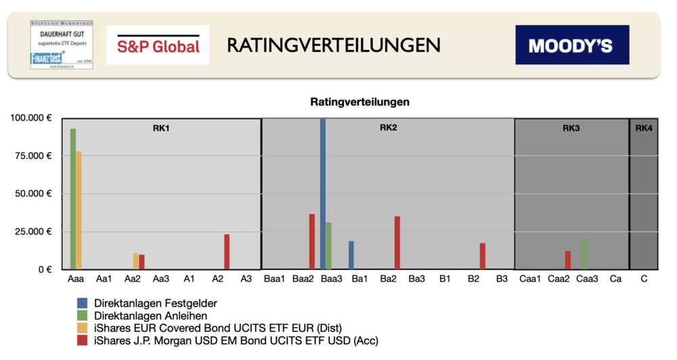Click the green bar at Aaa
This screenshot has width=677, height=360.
click(73, 199)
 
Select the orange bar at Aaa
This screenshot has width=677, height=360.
click(79, 210)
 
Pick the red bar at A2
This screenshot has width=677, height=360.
click(227, 252)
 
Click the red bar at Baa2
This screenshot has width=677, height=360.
click(312, 242)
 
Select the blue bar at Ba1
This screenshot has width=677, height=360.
click(351, 255)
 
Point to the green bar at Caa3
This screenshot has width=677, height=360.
click(584, 254)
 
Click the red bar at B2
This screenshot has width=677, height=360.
click(483, 256)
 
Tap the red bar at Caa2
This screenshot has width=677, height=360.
click(568, 260)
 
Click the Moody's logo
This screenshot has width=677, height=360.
click(571, 45)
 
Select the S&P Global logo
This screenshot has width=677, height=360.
click(158, 45)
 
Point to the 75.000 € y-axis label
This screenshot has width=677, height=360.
click(30, 156)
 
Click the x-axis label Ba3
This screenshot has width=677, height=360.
click(416, 279)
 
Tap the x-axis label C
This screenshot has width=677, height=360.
click(644, 279)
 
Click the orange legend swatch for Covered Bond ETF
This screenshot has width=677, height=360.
click(82, 328)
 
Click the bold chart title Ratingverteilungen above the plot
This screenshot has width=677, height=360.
click(359, 103)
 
